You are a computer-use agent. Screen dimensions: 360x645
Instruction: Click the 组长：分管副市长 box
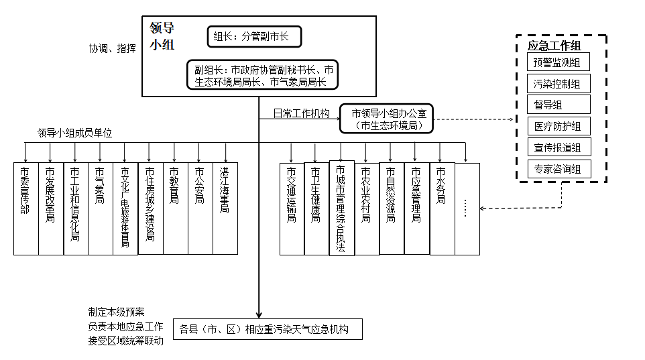[255, 37]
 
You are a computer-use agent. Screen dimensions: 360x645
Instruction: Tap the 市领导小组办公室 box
[386, 119]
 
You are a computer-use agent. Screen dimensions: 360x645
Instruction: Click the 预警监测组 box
[558, 63]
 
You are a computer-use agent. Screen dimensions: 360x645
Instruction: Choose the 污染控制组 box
[558, 84]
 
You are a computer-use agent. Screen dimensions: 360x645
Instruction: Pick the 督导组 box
[558, 105]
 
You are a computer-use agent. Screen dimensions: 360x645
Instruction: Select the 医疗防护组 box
[558, 126]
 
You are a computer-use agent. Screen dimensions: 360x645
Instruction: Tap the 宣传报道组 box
[558, 147]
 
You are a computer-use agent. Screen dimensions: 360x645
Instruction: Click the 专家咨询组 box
[558, 168]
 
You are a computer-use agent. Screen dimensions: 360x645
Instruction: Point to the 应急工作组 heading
[554, 46]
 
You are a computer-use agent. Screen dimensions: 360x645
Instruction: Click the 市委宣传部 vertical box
[25, 208]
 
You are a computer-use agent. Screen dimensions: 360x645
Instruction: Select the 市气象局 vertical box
[100, 208]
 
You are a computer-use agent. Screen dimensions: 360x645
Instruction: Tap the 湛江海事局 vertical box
[225, 208]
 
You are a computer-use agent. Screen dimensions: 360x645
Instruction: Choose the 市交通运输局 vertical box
[292, 208]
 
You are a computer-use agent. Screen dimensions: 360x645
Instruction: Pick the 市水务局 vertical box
[442, 208]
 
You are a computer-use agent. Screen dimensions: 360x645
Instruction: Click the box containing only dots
[467, 208]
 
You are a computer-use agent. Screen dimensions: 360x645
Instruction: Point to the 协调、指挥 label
[113, 49]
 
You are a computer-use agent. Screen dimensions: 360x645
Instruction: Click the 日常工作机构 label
[301, 113]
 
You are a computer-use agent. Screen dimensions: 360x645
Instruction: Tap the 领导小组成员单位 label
[74, 133]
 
